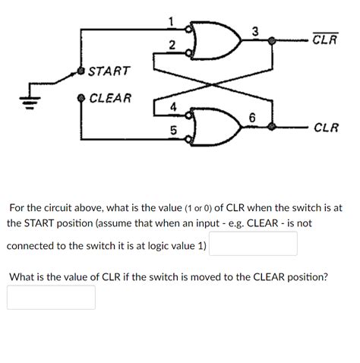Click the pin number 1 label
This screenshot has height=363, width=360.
click(x=172, y=21)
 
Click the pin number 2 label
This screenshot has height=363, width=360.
click(x=172, y=47)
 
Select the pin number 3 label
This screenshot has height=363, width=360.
click(x=255, y=32)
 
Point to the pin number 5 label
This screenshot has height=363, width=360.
click(x=172, y=130)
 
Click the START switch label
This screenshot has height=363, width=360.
click(x=109, y=71)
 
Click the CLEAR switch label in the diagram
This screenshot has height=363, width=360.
click(x=110, y=98)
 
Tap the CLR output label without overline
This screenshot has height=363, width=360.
click(x=326, y=128)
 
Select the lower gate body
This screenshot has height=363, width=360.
click(x=216, y=124)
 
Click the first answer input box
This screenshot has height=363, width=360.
click(x=253, y=244)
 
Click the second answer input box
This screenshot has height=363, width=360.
click(x=52, y=297)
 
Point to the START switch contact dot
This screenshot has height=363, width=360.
click(x=82, y=71)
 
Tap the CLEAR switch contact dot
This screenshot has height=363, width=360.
click(x=82, y=98)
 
